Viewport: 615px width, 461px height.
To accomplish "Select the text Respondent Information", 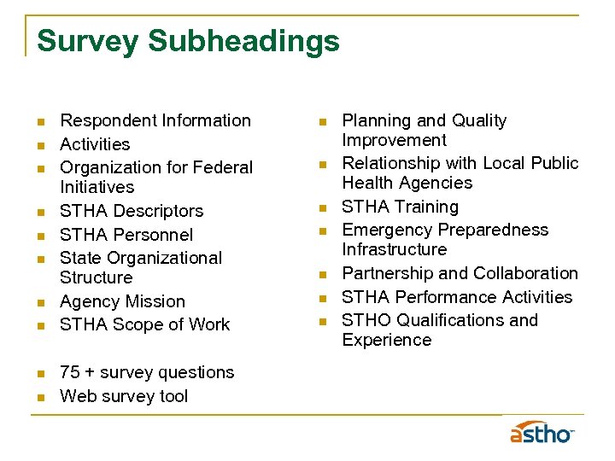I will pyautogui.click(x=155, y=121).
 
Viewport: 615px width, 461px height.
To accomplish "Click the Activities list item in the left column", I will pyautogui.click(x=95, y=145).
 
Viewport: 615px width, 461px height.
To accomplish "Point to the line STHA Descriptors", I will pyautogui.click(x=132, y=211).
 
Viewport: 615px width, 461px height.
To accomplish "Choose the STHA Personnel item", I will pyautogui.click(x=126, y=235).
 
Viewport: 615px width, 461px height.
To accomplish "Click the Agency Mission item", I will pyautogui.click(x=122, y=301).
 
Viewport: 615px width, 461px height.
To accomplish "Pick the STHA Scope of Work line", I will pyautogui.click(x=144, y=324).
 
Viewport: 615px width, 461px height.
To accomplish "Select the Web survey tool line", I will pyautogui.click(x=124, y=396).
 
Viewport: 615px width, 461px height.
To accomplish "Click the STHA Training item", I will pyautogui.click(x=400, y=207).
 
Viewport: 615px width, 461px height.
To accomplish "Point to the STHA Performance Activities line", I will pyautogui.click(x=457, y=297).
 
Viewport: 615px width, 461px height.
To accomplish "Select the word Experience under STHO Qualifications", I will pyautogui.click(x=387, y=340).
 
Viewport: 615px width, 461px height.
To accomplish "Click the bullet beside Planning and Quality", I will pyautogui.click(x=323, y=122).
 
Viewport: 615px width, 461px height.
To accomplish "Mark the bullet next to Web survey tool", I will pyautogui.click(x=41, y=397).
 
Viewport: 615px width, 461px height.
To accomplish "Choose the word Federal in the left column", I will pyautogui.click(x=225, y=167).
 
